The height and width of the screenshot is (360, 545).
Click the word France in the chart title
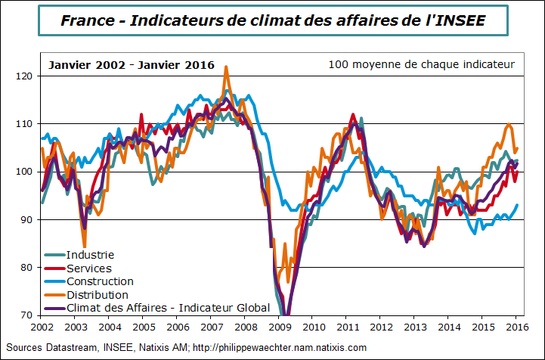[x=88, y=20]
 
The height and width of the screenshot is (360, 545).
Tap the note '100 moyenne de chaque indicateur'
[x=421, y=65]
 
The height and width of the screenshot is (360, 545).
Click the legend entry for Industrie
[x=90, y=255]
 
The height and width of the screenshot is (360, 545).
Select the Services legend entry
[x=88, y=268]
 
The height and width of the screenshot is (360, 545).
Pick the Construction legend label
[x=100, y=281]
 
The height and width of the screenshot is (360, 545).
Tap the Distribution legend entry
[x=97, y=294]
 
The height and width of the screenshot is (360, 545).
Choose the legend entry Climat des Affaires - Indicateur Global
[x=168, y=307]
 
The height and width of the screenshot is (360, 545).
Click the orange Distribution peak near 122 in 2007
[x=226, y=67]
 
